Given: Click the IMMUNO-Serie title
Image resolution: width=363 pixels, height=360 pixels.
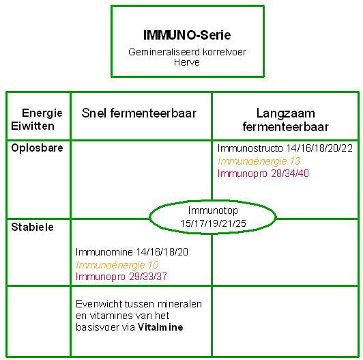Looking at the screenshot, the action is (x=187, y=36).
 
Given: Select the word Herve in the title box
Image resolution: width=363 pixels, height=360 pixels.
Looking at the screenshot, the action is (x=187, y=62).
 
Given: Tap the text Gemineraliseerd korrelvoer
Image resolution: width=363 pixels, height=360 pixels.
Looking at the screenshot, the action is (x=187, y=52).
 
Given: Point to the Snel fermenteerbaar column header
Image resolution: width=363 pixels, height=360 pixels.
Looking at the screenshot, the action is (x=139, y=113).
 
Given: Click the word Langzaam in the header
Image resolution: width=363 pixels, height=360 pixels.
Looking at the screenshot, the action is (x=286, y=113).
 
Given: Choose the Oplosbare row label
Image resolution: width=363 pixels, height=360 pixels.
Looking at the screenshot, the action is (x=37, y=148).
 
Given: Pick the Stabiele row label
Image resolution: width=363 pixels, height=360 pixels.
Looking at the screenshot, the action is (x=32, y=227).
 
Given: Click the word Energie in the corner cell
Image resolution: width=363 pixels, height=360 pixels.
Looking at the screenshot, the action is (x=42, y=113).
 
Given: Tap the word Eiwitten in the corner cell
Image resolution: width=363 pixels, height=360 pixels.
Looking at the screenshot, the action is (x=33, y=126).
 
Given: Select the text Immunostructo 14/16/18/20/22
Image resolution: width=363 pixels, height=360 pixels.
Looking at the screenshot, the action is (x=285, y=148).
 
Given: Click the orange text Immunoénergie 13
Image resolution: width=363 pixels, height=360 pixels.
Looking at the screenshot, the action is (x=259, y=161).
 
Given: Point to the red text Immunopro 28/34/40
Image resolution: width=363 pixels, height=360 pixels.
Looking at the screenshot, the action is (x=263, y=174).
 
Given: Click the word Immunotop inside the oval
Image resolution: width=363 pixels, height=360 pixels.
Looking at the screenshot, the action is (x=213, y=210).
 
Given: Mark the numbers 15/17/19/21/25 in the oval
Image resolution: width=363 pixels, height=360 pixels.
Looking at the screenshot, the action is (x=213, y=223).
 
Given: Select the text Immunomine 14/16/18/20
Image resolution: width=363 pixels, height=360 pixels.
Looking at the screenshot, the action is (x=132, y=252).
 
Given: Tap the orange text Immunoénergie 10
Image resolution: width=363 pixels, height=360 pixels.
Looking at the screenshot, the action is (x=117, y=265).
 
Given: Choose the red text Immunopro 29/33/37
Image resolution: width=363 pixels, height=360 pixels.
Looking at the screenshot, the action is (x=121, y=276).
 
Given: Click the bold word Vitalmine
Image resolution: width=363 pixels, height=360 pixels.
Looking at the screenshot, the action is (x=160, y=327).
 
